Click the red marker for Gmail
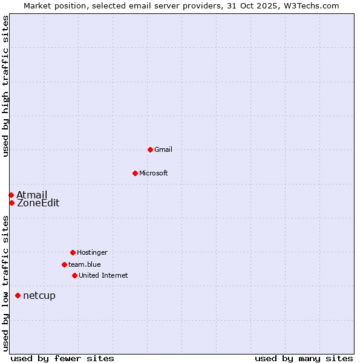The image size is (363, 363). coord(150,149)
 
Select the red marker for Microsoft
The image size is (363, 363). coord(135,173)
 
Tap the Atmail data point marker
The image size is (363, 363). coord(11,195)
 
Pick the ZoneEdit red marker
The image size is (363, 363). coord(11,203)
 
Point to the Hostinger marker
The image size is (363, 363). coord(73,252)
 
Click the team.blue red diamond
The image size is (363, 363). coord(64,264)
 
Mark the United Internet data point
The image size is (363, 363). coord(74,275)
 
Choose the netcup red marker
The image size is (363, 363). coord(18,295)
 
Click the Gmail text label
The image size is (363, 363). coord(163,149)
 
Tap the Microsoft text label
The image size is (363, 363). coord(154,173)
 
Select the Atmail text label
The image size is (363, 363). coord(31,195)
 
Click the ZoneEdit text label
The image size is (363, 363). coord(38,203)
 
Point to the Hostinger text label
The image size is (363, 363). coord(92,252)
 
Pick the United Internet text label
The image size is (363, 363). coord(103,275)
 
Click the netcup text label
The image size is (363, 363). coord(39,295)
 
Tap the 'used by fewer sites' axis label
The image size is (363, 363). coord(62,358)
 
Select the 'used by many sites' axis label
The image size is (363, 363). coord(304,358)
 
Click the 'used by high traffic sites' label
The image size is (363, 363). coord(6,87)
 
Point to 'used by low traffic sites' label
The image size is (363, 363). coord(6,283)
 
